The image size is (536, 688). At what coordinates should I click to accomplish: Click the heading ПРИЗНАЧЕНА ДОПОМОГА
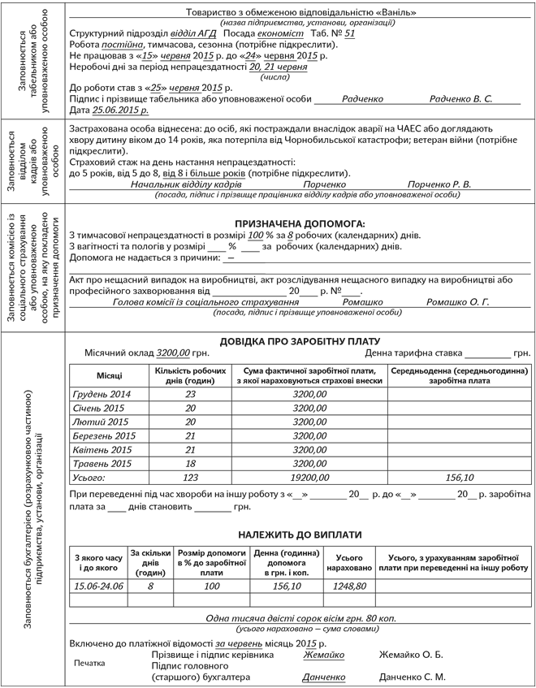coord(300,223)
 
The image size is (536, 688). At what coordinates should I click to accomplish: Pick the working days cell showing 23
coord(190,394)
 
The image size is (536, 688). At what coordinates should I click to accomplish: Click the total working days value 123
coord(190,478)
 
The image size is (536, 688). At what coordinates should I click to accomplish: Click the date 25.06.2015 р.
coord(121,109)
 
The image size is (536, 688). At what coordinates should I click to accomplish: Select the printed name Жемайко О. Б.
coord(411,655)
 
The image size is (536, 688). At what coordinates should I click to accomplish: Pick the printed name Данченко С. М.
coord(413,677)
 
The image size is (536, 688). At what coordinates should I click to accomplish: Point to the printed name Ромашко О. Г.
coord(458,301)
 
